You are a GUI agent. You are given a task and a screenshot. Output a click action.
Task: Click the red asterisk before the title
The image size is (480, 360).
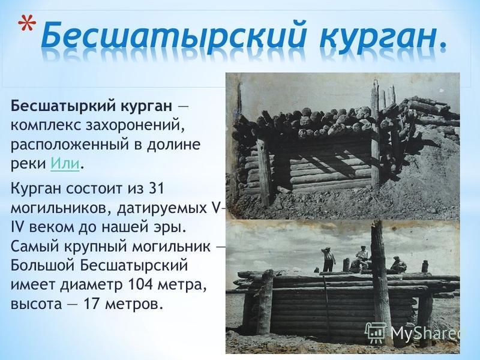(26, 26)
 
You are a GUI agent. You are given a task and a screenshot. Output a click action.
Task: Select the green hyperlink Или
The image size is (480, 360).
(65, 163)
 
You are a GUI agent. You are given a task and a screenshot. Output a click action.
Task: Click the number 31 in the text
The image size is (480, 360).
(156, 188)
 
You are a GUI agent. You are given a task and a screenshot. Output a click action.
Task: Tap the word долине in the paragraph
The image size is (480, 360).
(173, 145)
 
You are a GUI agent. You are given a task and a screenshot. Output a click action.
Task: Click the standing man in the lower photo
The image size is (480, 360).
(328, 259)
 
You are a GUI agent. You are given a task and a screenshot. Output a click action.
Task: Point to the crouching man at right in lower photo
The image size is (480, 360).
(398, 264)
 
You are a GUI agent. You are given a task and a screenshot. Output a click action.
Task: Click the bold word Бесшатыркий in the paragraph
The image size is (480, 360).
(64, 107)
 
